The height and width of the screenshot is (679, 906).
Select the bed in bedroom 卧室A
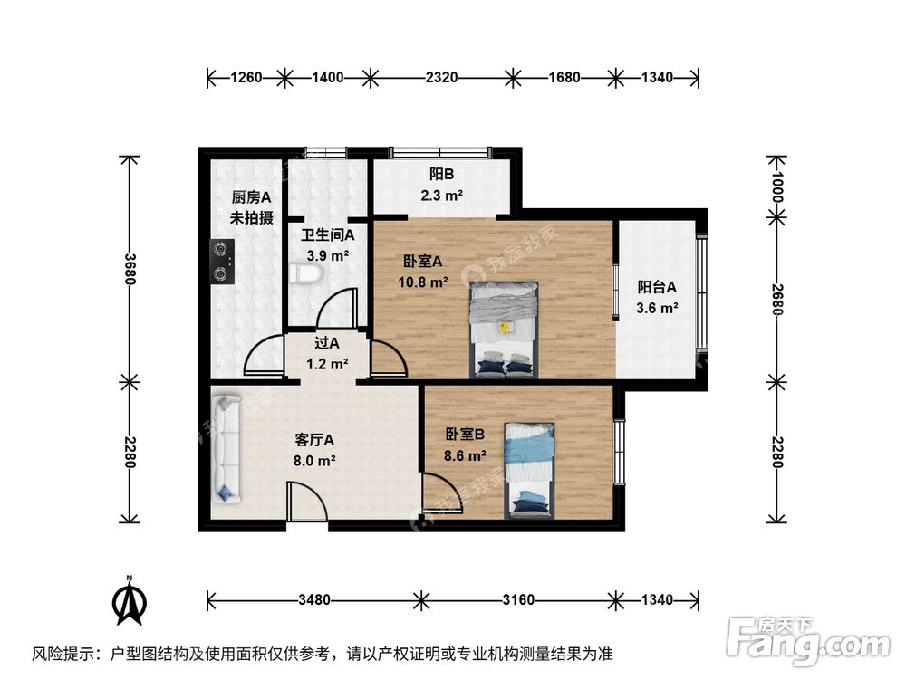pos(504,329)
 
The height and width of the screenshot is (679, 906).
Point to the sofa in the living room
pos(225,449)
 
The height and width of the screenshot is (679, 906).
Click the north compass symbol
pos(130,602)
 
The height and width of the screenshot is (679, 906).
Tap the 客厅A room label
pos(314,441)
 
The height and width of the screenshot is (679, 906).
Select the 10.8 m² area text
pos(423,282)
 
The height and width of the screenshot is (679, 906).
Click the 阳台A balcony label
pos(657,288)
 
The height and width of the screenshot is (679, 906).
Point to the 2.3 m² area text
pos(441,195)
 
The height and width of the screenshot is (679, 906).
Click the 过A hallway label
pos(326,344)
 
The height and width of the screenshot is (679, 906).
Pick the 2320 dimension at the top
pos(440,78)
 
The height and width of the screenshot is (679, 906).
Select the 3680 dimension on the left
pos(131,267)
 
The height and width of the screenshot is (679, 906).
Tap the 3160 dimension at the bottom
pos(518,599)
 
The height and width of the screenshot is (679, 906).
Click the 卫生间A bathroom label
pos(327,235)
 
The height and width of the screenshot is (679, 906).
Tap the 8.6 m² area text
pos(465,455)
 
